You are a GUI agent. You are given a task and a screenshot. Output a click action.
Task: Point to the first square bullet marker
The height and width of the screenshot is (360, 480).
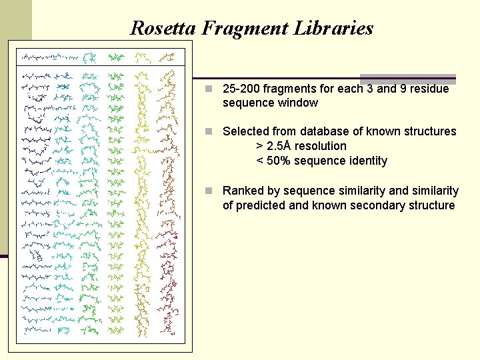209,89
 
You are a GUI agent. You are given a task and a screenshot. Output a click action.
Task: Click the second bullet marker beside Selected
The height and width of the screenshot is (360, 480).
209,131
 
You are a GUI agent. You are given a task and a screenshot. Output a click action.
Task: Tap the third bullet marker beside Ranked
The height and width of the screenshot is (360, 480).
209,191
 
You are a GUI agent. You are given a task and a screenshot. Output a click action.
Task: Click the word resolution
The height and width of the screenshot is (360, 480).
321,146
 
